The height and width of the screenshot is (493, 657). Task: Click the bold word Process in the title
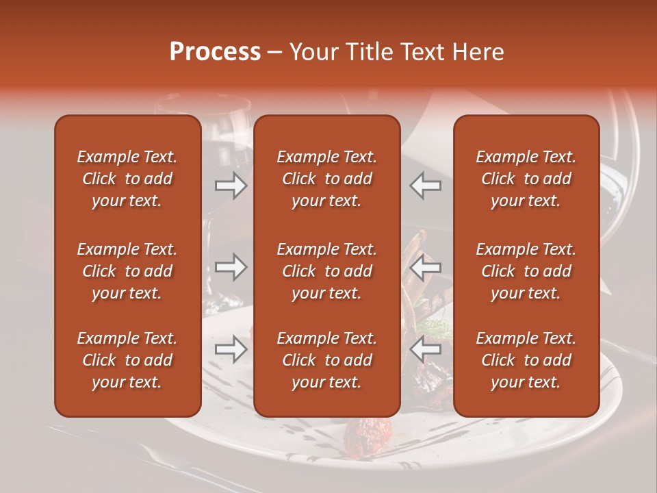click(x=215, y=52)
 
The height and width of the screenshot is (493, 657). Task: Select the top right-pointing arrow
click(x=231, y=186)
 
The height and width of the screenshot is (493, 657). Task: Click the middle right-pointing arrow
click(x=231, y=267)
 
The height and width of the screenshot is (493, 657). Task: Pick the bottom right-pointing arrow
click(x=231, y=349)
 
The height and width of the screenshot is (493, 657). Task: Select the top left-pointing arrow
click(x=426, y=186)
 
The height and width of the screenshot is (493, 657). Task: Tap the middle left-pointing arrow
click(x=426, y=267)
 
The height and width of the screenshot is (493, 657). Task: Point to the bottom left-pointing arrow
click(x=426, y=349)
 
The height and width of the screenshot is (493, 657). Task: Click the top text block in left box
click(x=127, y=179)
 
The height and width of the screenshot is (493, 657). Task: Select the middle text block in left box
click(x=127, y=271)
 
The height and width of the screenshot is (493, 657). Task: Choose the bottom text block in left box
click(x=127, y=360)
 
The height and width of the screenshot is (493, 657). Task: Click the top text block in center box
click(x=326, y=179)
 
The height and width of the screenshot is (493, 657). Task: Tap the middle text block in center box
click(x=326, y=271)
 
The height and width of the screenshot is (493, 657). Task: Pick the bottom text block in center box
click(x=326, y=360)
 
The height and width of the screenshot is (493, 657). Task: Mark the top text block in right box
click(x=526, y=179)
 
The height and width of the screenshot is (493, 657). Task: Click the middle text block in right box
click(x=526, y=271)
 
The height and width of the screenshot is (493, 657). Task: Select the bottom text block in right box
click(x=526, y=360)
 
